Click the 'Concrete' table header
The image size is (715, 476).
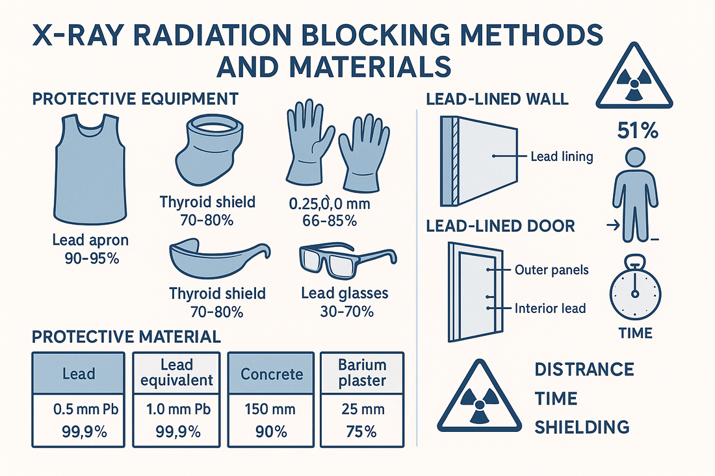click(x=272, y=373)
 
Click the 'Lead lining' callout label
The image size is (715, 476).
click(x=561, y=157)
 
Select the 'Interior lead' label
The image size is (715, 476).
click(x=550, y=308)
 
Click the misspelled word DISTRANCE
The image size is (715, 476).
click(x=584, y=370)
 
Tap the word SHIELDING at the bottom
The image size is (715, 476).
click(x=581, y=426)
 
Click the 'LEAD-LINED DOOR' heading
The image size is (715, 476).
click(x=500, y=226)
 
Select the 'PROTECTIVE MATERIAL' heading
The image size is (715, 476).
click(x=126, y=336)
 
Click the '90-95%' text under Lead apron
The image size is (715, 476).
click(x=90, y=258)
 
